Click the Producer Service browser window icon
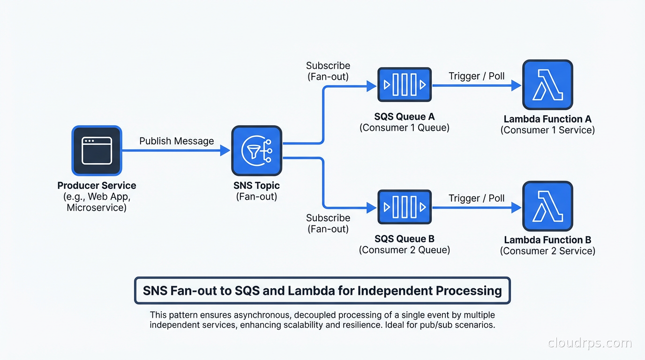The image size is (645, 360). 97,150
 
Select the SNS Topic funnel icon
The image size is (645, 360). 256,150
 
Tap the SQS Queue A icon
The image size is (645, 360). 404,85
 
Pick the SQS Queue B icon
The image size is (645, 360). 404,207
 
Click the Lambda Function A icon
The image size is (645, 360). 547,85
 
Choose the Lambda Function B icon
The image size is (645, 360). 547,207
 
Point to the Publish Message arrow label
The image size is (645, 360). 177,141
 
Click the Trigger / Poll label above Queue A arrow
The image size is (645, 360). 477,76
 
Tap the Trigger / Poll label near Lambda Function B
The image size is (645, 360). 477,198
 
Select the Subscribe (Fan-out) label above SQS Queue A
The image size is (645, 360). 328,71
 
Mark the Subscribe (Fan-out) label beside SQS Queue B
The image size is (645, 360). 328,223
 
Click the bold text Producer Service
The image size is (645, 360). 97,186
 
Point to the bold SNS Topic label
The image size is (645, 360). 256,186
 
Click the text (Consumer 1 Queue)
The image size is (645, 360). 404,127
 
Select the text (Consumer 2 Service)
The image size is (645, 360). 547,251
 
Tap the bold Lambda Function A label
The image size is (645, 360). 547,119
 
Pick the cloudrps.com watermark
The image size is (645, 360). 590,343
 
